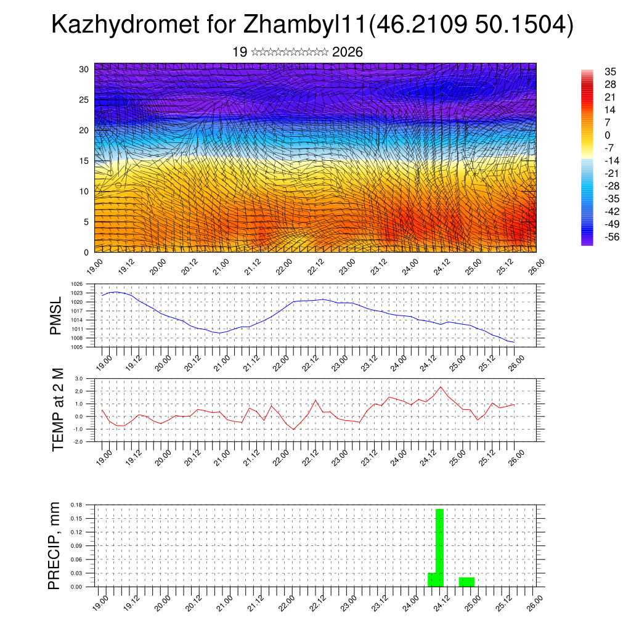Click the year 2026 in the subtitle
tap(347, 52)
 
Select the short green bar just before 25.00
tap(466, 582)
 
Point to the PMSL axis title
tap(55, 315)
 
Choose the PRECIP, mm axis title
tap(55, 545)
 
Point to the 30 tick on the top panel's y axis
tap(84, 69)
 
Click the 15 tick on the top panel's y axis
tap(84, 161)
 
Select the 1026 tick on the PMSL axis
tap(77, 284)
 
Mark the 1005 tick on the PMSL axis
tap(77, 347)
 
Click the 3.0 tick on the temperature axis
tap(79, 378)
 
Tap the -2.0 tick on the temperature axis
tap(78, 442)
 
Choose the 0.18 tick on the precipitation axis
tap(76, 505)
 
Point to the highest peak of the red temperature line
tap(441, 387)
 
